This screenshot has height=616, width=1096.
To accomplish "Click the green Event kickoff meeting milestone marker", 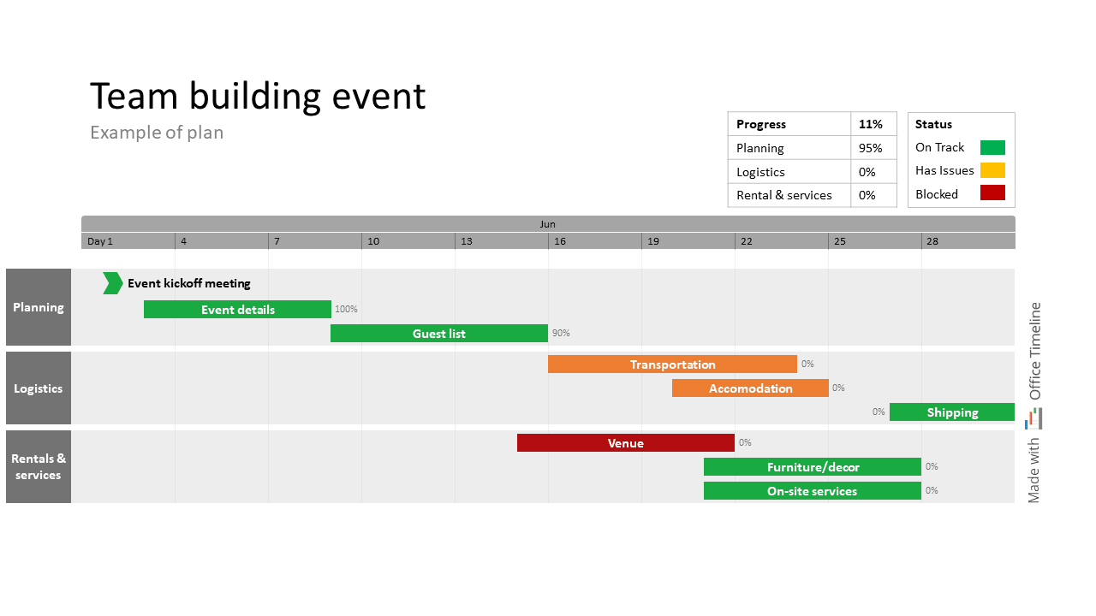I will coord(112,283).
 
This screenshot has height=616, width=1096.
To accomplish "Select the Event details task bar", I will coord(237,310).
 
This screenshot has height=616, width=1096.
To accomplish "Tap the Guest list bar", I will coord(438,334).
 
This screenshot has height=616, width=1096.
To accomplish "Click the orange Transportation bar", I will coord(672,364).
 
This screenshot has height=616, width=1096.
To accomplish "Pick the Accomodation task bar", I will coord(750,388).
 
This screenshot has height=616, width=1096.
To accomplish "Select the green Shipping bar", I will coord(951,412).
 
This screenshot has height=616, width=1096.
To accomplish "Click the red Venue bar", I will coord(625,443).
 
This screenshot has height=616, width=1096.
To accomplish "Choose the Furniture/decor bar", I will coord(812,467).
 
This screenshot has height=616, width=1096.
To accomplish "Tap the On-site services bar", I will coord(812,491).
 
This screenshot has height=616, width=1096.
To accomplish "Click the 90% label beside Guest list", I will coord(561,334).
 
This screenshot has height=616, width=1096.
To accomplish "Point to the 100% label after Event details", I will coord(346,310).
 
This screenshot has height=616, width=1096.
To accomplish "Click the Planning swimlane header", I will coord(39,307).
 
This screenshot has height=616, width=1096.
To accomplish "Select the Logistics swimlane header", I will coord(39,388).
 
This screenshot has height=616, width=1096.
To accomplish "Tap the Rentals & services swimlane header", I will coord(39,467).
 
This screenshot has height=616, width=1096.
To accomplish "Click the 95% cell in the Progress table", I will coord(870,148).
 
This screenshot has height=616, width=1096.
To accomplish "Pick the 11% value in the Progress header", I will coord(870,124).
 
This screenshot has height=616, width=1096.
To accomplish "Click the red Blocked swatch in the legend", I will coord(992,193).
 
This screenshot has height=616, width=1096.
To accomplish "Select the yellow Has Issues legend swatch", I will coord(992,170).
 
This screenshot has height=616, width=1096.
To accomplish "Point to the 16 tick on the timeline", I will coord(560,241).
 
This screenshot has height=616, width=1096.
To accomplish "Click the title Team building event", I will coord(257,96).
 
